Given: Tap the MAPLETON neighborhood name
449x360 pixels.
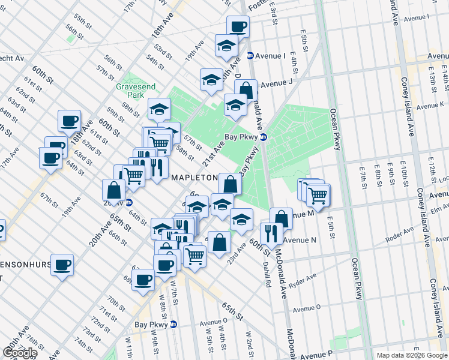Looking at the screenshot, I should [194, 178].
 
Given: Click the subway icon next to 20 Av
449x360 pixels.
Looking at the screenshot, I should [128, 202].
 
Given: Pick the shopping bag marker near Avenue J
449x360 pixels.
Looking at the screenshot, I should [246, 91].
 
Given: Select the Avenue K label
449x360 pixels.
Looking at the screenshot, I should [430, 106].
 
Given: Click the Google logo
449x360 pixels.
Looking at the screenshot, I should [20, 353].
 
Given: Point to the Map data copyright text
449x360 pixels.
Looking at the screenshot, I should [412, 355].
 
